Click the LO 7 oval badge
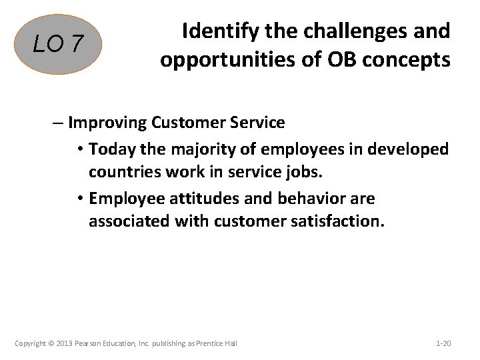click(x=59, y=44)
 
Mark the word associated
click(x=129, y=222)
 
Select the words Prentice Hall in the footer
click(x=216, y=343)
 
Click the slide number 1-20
click(x=443, y=343)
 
